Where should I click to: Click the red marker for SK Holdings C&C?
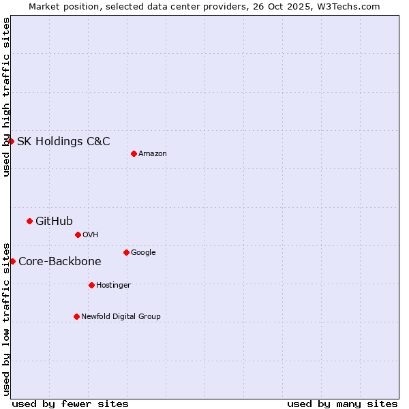[12, 141]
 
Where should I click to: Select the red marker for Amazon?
[134, 153]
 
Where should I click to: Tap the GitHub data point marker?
[29, 221]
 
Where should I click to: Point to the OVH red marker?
[78, 234]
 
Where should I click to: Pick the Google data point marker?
[126, 252]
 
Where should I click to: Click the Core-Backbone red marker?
[12, 261]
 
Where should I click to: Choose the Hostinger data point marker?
[91, 285]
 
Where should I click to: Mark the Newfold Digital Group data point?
[76, 316]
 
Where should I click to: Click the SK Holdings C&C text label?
[63, 142]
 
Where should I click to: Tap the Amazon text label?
[153, 154]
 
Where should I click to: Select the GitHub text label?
[54, 221]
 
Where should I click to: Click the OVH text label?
[91, 235]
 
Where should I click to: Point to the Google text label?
[143, 253]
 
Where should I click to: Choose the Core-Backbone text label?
[60, 262]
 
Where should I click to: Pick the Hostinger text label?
[113, 286]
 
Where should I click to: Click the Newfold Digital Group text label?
[121, 317]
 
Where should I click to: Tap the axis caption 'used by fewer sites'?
[70, 404]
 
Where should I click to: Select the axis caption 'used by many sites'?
[342, 404]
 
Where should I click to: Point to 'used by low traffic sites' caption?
[6, 319]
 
